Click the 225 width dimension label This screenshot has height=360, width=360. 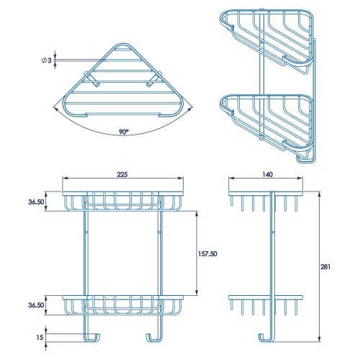coord(122,174)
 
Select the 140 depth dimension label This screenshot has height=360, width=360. coord(267,174)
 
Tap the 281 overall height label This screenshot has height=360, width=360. coord(325,266)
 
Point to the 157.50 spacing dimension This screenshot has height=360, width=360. coord(207,253)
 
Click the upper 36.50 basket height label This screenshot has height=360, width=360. coord(36,202)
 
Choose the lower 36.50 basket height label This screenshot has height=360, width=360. coord(36,305)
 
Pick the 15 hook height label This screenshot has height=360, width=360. coord(40,337)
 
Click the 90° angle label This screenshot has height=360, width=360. coord(124,132)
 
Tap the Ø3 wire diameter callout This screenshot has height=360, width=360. coord(47,60)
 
